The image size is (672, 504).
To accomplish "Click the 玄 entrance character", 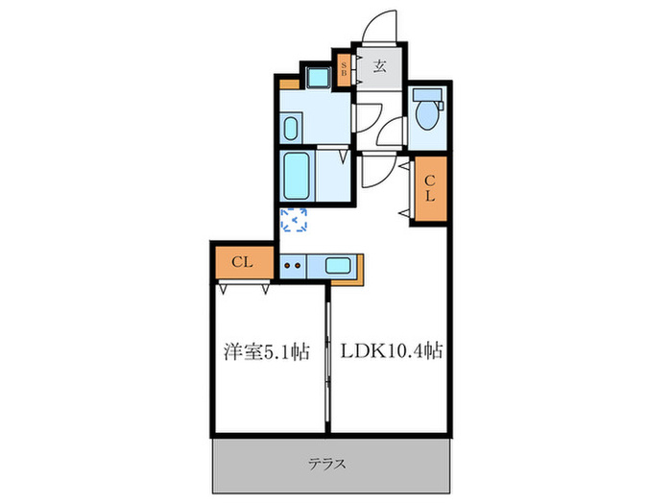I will pyautogui.click(x=380, y=67).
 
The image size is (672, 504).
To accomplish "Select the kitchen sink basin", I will pyautogui.click(x=338, y=266).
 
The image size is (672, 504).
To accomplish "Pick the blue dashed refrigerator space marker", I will pyautogui.click(x=294, y=222).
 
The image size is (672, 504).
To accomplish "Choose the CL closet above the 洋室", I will pyautogui.click(x=241, y=262).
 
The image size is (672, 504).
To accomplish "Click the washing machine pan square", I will pyautogui.click(x=317, y=77).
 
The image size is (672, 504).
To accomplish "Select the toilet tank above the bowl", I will pyautogui.click(x=427, y=97).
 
